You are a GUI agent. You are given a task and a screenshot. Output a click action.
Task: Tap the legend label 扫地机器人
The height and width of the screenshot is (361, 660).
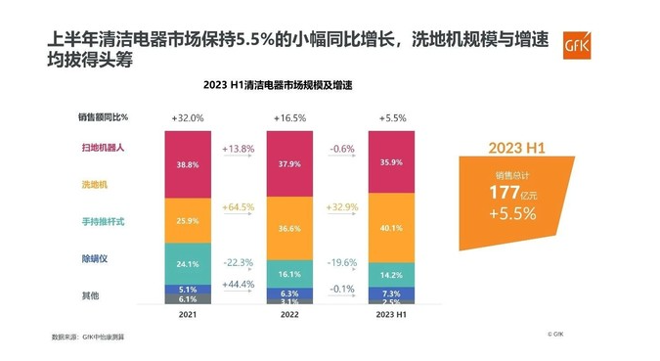click(x=105, y=148)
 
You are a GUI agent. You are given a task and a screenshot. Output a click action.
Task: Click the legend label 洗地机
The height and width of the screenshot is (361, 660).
click(x=95, y=184)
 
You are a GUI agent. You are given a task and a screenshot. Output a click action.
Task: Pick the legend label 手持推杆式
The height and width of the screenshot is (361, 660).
click(x=105, y=222)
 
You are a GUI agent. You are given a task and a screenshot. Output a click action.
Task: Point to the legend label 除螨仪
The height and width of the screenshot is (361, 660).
click(x=95, y=259)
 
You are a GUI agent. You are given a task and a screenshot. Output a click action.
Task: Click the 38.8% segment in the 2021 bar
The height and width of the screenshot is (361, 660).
click(x=189, y=164)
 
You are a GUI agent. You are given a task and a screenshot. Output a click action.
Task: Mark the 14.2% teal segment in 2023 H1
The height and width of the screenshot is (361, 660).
click(x=390, y=275)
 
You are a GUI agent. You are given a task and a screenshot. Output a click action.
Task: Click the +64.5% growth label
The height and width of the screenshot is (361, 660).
click(x=239, y=207)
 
